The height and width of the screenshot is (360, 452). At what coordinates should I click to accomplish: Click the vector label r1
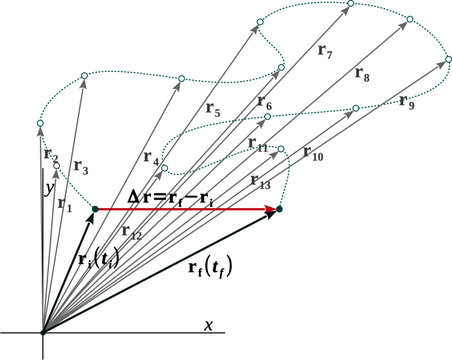(x=65, y=204)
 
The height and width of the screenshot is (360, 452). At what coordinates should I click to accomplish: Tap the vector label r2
(x=51, y=155)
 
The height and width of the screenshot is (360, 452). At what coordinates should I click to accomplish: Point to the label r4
(x=151, y=157)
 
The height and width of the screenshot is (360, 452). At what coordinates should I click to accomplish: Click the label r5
(x=211, y=113)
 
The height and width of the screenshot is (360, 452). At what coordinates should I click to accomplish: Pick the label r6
(x=264, y=103)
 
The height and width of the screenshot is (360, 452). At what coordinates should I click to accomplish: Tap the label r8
(x=361, y=74)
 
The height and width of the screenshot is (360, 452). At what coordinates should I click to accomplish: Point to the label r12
(x=132, y=231)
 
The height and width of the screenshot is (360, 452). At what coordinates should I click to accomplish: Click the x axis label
(x=208, y=325)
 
